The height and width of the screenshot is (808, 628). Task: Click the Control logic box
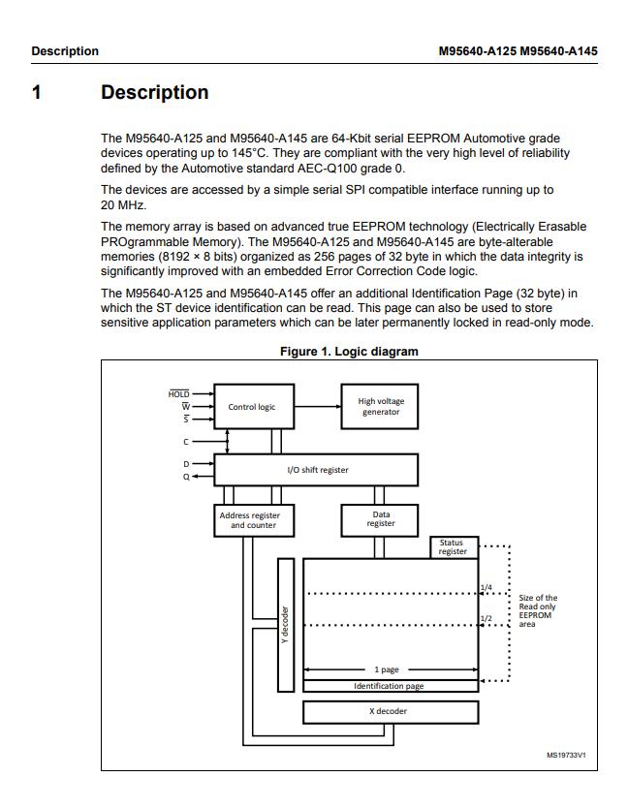[x=251, y=407]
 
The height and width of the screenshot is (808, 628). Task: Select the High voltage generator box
[x=381, y=407]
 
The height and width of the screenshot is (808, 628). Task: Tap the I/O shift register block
[x=317, y=470]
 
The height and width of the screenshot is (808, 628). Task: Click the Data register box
[x=381, y=520]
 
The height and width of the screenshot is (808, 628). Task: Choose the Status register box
[x=453, y=547]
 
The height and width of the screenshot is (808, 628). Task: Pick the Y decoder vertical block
[x=285, y=625]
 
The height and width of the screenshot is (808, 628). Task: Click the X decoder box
[x=390, y=711]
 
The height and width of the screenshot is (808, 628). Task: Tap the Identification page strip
[x=390, y=686]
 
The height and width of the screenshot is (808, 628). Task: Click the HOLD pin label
[x=178, y=394]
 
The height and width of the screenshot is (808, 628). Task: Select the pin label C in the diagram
[x=186, y=442]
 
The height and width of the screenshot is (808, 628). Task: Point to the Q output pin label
[x=186, y=477]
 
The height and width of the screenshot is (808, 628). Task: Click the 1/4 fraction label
[x=486, y=588]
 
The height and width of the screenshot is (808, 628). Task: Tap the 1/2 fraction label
[x=486, y=618]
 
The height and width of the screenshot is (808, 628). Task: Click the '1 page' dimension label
[x=387, y=669]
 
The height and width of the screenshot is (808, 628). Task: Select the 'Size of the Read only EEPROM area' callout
[x=538, y=611]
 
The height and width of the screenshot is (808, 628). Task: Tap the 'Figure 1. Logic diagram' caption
[x=349, y=352]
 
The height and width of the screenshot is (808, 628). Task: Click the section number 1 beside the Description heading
[x=37, y=93]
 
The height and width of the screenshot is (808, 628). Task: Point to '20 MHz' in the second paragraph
[x=121, y=205]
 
